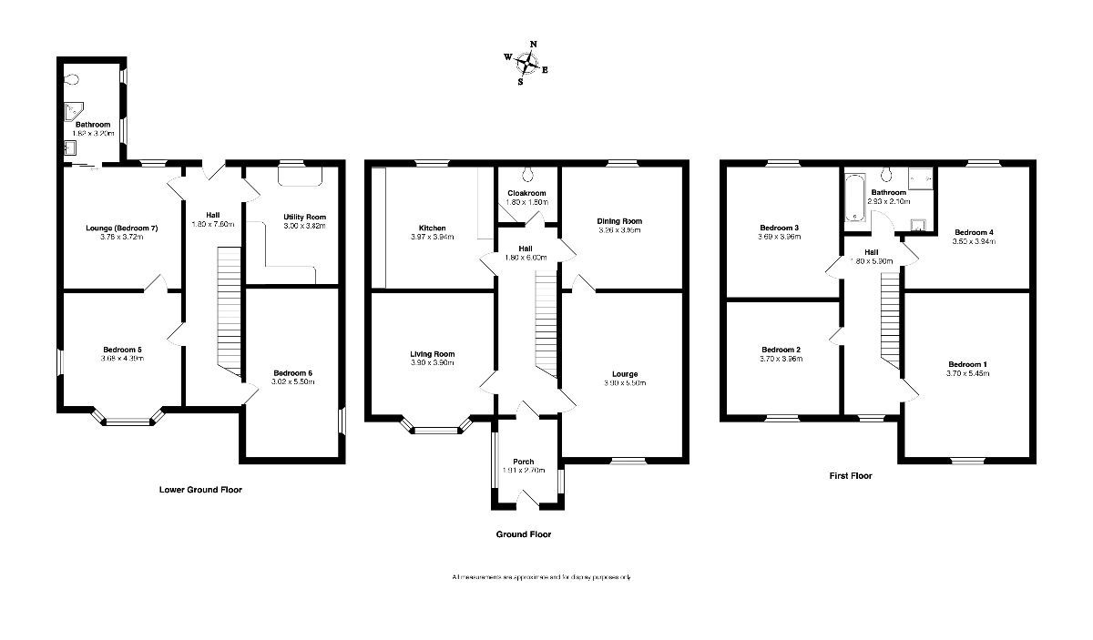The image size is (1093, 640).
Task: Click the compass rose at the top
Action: pos(526,63)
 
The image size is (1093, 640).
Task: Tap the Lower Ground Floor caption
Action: pos(199,490)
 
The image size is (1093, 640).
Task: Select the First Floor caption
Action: pos(851,475)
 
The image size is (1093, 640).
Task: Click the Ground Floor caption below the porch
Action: pos(523,534)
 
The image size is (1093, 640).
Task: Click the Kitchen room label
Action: pos(432,228)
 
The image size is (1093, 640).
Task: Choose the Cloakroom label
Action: pos(526,193)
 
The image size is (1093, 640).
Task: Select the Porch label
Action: pos(523,462)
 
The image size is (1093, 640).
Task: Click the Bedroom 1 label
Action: pos(966,364)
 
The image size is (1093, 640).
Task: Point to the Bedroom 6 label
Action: pos(293,373)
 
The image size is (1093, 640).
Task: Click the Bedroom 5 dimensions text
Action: pos(121,358)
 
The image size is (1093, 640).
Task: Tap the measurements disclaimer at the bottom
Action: pos(541,577)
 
